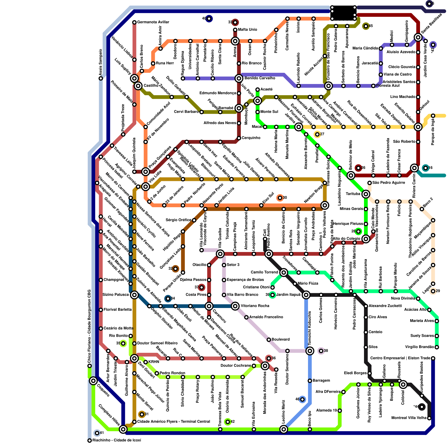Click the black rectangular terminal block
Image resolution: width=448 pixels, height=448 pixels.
click(343, 13)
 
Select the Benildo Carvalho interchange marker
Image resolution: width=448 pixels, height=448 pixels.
click(239, 78)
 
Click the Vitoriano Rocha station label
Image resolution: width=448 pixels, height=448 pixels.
click(255, 306)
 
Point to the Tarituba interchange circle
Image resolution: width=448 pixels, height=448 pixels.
click(366, 194)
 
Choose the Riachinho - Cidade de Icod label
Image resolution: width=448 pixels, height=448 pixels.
click(116, 440)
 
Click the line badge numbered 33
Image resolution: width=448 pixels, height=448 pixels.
click(235, 22)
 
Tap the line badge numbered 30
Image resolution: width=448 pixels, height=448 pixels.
click(280, 198)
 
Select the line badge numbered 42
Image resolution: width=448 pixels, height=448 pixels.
click(228, 422)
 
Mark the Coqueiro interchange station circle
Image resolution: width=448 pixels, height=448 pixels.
click(93, 381)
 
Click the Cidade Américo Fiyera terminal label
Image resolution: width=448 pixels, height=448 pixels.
click(173, 422)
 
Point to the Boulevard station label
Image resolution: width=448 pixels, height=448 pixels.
click(281, 339)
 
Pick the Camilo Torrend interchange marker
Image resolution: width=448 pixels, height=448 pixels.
click(284, 272)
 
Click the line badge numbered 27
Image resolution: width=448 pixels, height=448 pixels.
click(317, 134)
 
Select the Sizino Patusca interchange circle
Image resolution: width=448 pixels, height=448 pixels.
click(134, 295)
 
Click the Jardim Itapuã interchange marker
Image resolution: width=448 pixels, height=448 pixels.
click(306, 295)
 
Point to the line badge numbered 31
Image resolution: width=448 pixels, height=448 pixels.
click(142, 414)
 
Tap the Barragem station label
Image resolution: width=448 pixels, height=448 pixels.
click(321, 381)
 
